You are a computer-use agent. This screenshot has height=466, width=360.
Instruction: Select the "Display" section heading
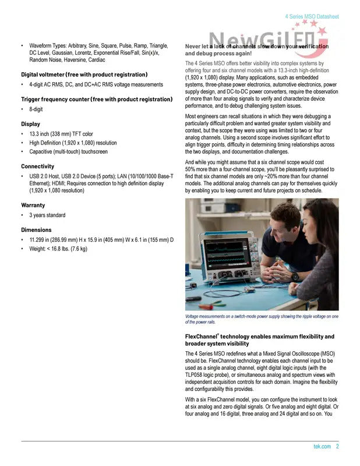click(31, 124)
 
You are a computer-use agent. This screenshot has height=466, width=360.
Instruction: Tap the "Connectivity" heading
click(38, 167)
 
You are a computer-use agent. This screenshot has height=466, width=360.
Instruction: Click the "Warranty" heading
click(33, 206)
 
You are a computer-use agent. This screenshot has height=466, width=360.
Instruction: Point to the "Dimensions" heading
click(36, 230)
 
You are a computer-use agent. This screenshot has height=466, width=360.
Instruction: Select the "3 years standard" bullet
click(47, 216)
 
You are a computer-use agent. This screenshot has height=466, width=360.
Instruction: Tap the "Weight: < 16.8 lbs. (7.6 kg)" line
click(58, 249)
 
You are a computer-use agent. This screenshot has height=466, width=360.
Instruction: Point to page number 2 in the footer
click(337, 447)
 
